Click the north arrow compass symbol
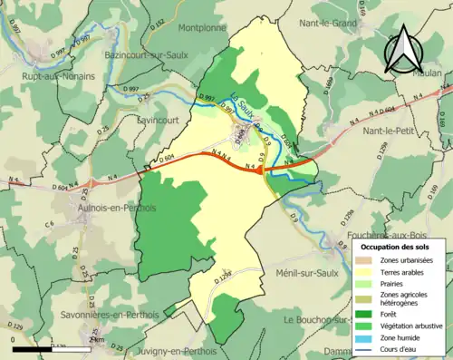pyautogui.click(x=405, y=50)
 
